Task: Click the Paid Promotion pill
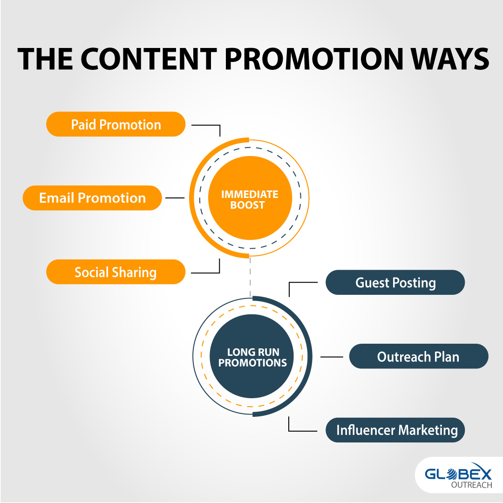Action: click(116, 124)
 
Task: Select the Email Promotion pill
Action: click(92, 198)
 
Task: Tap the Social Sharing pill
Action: click(116, 272)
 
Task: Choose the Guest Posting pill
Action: click(395, 282)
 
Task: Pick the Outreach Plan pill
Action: click(419, 356)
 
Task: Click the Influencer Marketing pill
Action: click(395, 430)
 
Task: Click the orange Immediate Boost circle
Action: click(250, 198)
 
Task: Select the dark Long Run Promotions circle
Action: click(252, 356)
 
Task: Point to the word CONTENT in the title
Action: click(149, 59)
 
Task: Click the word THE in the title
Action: click(45, 59)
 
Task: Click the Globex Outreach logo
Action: click(458, 476)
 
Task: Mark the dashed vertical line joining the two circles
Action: click(250, 277)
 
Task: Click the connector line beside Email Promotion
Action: click(175, 198)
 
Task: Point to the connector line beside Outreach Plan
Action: click(332, 356)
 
